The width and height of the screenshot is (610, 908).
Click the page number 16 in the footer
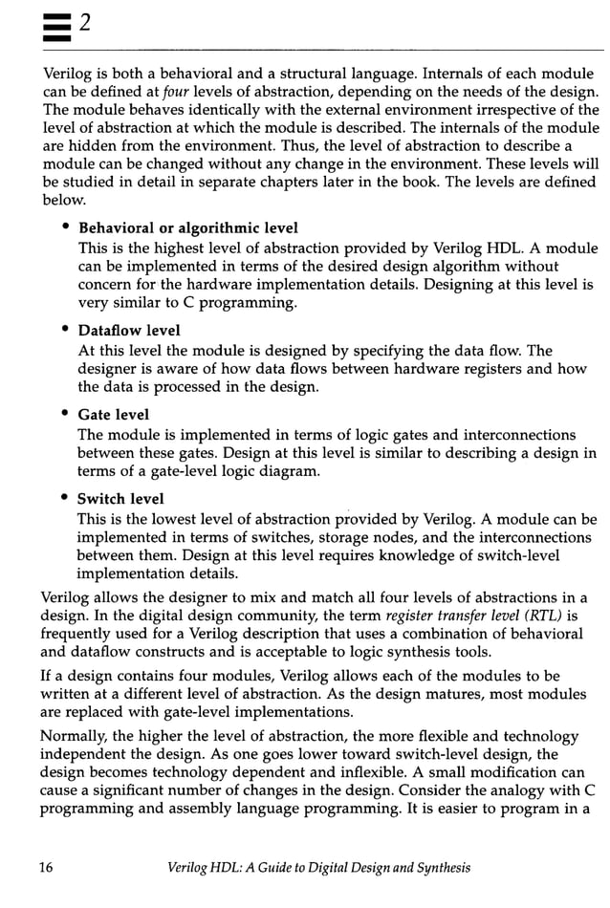pos(45,867)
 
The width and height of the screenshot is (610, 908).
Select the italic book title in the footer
pos(318,867)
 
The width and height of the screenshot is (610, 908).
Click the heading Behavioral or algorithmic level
pos(187,227)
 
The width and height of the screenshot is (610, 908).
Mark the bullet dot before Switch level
pos(65,499)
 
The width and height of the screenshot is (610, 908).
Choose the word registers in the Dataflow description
pos(464,368)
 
